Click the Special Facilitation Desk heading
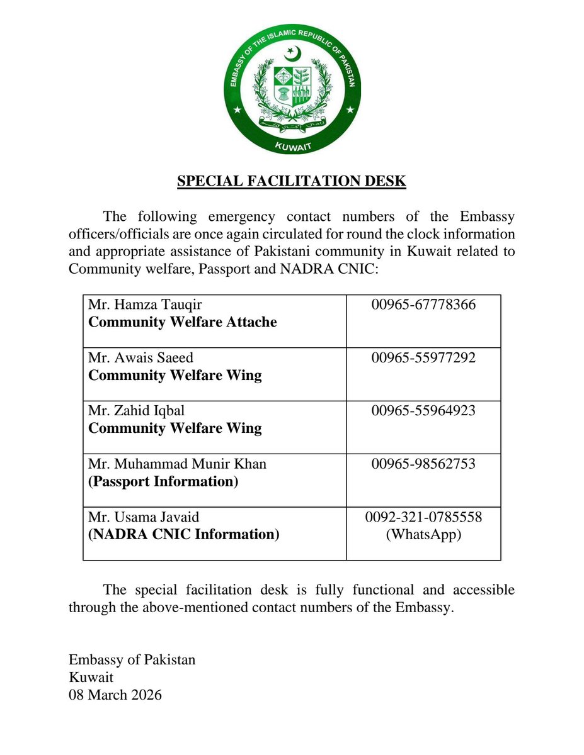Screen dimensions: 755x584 click(x=292, y=181)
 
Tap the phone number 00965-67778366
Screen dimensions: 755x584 click(x=423, y=305)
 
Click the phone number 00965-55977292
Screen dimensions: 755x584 click(x=423, y=358)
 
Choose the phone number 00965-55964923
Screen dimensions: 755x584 click(x=423, y=411)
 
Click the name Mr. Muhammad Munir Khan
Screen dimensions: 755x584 click(x=177, y=464)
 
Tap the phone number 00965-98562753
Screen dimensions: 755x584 click(x=423, y=464)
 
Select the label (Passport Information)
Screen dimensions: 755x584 click(x=163, y=481)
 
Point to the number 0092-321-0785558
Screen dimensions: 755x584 click(x=423, y=517)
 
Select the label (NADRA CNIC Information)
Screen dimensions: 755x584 click(x=183, y=534)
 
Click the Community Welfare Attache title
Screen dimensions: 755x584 click(x=182, y=322)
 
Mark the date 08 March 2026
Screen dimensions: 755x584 click(x=115, y=695)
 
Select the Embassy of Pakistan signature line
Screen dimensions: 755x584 click(x=132, y=660)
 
